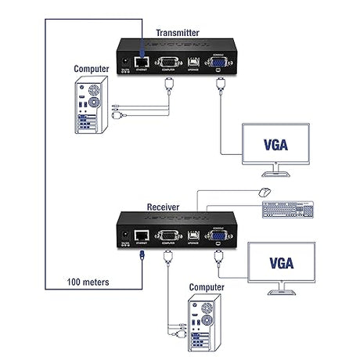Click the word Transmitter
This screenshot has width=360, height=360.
178,32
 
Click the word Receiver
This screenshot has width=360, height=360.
164,207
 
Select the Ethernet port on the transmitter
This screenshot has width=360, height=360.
142,59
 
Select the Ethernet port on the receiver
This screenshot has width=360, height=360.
142,234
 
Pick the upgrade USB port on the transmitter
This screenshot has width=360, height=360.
193,60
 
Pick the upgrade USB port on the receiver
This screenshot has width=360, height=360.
193,235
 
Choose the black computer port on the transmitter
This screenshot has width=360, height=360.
167,59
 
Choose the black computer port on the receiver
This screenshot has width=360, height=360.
167,234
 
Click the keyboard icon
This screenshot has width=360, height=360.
287,211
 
